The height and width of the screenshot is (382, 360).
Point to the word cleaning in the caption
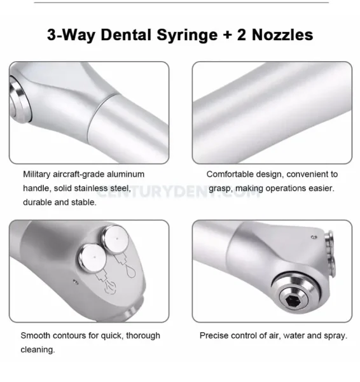coord(37,350)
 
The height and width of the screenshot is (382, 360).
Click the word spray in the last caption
coord(333,336)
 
